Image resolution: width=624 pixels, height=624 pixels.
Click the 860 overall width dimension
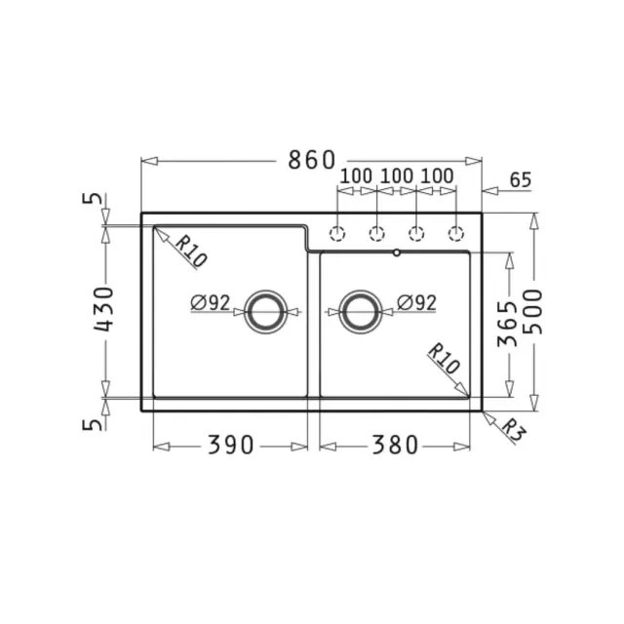(312, 160)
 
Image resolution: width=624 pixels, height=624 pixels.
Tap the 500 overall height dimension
(533, 312)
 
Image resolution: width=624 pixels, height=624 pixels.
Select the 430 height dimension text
(104, 309)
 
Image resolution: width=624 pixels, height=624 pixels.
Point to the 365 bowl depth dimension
(508, 324)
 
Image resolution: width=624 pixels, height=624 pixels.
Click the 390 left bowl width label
(230, 445)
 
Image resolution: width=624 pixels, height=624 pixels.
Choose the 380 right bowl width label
(395, 445)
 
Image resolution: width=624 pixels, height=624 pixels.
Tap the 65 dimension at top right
(521, 179)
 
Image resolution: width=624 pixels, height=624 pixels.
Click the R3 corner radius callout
(514, 430)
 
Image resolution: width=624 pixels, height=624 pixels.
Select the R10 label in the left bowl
(191, 252)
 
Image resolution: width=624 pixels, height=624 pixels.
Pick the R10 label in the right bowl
(444, 358)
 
